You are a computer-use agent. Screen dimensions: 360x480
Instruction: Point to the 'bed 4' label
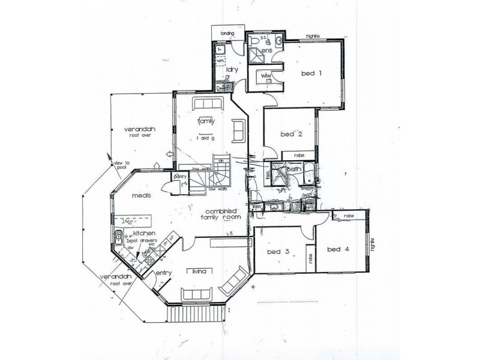coord(338,249)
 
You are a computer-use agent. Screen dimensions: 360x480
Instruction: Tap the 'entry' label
coord(164,274)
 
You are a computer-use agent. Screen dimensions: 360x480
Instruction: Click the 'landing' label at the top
coord(227,34)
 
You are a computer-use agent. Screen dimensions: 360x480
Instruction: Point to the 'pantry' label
coord(179,177)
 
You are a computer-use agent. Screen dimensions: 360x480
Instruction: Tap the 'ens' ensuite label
coord(267,52)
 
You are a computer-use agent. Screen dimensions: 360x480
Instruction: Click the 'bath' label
coord(295,170)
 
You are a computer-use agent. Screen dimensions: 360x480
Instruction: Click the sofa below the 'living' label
coord(196,293)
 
